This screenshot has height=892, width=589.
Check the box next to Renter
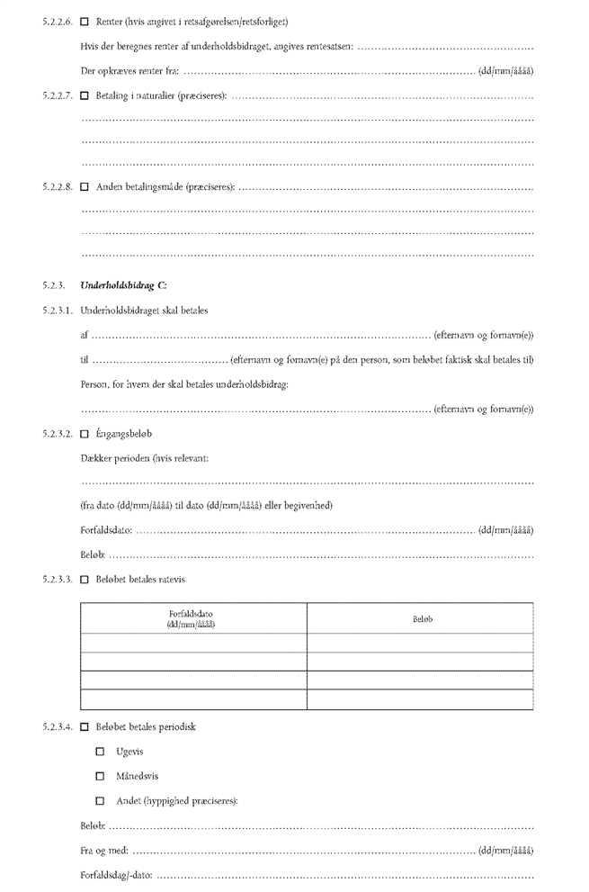[85, 21]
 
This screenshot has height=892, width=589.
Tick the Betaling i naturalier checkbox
[85, 95]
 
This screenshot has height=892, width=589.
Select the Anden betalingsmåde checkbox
[85, 187]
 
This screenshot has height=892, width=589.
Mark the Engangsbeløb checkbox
[85, 433]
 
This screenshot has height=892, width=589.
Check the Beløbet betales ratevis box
[85, 579]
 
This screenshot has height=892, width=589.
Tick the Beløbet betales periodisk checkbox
[85, 726]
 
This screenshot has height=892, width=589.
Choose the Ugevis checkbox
[101, 752]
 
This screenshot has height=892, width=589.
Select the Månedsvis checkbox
[101, 776]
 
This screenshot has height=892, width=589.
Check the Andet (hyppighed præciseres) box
[101, 800]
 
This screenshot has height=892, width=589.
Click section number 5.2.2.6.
[57, 21]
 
